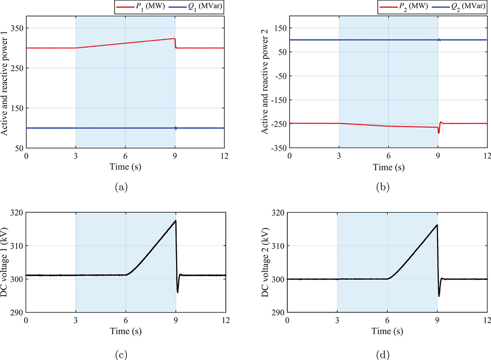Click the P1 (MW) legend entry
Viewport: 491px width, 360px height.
(140, 7)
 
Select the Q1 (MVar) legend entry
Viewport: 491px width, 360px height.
(196, 7)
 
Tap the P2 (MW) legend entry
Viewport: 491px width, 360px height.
(403, 7)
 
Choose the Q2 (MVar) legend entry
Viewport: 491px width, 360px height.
(459, 7)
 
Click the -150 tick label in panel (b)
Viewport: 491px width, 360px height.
(279, 100)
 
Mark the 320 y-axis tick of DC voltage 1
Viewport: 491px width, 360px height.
(17, 213)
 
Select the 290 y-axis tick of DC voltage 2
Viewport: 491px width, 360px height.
(278, 312)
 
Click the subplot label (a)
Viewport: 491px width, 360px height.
(121, 187)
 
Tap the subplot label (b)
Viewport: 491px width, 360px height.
(383, 187)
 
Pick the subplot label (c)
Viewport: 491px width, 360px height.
(121, 354)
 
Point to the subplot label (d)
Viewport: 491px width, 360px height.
(383, 354)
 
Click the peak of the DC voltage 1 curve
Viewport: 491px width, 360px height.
(176, 220)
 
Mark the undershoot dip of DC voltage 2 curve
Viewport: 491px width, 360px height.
(439, 296)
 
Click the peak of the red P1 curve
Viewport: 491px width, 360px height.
(174, 38)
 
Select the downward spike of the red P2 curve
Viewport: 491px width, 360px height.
(439, 133)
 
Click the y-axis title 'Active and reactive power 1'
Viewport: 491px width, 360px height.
(5, 83)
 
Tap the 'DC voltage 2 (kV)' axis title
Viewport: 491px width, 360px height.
(265, 262)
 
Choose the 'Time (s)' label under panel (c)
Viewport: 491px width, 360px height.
(126, 331)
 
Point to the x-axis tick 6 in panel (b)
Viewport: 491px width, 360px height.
(388, 156)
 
